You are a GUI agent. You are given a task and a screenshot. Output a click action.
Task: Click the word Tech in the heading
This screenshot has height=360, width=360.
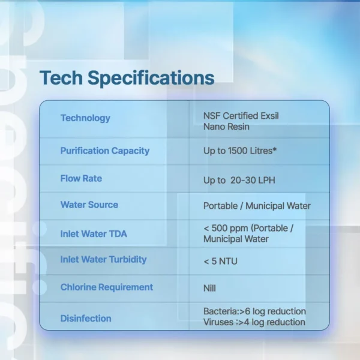pyautogui.click(x=61, y=77)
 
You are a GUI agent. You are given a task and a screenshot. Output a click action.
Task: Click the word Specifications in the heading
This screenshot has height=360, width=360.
pyautogui.click(x=151, y=79)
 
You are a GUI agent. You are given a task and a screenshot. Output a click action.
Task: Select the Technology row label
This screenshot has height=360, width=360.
pyautogui.click(x=85, y=118)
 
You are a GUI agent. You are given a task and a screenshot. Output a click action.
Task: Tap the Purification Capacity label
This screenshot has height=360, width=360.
pyautogui.click(x=105, y=151)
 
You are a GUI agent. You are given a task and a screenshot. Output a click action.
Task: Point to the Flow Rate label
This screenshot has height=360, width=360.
pyautogui.click(x=81, y=178)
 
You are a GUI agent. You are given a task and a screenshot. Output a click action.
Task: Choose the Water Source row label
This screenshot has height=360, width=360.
pyautogui.click(x=89, y=205)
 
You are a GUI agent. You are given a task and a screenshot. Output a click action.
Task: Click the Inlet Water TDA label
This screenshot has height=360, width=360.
pyautogui.click(x=94, y=234)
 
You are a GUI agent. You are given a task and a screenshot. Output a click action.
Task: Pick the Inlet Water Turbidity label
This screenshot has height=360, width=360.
pyautogui.click(x=104, y=260)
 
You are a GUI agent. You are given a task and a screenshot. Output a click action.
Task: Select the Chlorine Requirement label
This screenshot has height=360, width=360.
pyautogui.click(x=107, y=287)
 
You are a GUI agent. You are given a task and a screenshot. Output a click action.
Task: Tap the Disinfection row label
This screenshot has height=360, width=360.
pyautogui.click(x=86, y=319)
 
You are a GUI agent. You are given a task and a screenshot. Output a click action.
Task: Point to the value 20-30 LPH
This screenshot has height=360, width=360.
pyautogui.click(x=253, y=180)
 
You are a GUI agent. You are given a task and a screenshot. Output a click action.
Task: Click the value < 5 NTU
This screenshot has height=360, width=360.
pyautogui.click(x=220, y=261)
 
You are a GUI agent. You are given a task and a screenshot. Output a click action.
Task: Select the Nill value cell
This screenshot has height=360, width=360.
pyautogui.click(x=209, y=288)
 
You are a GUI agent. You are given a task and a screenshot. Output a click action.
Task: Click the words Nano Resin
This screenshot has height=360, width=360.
pyautogui.click(x=226, y=127)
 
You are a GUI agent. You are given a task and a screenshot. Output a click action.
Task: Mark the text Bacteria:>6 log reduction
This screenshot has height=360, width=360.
pyautogui.click(x=254, y=311)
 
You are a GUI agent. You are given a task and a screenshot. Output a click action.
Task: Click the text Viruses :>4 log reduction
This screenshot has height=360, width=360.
pyautogui.click(x=254, y=322)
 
